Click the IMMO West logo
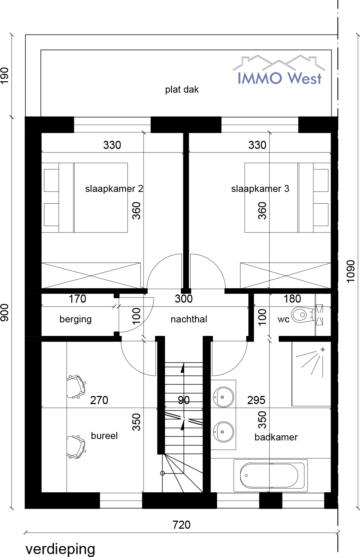coord(279,70)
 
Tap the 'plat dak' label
coord(182,89)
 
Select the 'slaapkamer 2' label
coord(114,189)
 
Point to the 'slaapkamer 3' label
coord(260,189)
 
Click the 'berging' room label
coord(76,319)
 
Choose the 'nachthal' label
coord(189,319)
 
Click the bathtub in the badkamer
coord(271,475)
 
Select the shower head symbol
coord(323,349)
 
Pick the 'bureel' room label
coord(104,436)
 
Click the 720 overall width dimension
coord(181,525)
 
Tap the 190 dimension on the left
coord(5,76)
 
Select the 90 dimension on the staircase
coord(184,400)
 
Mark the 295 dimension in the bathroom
coord(256,400)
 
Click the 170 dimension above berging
coord(77,299)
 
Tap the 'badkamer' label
coord(276,437)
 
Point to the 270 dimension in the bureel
coord(99,400)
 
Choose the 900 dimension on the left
coord(5,312)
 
